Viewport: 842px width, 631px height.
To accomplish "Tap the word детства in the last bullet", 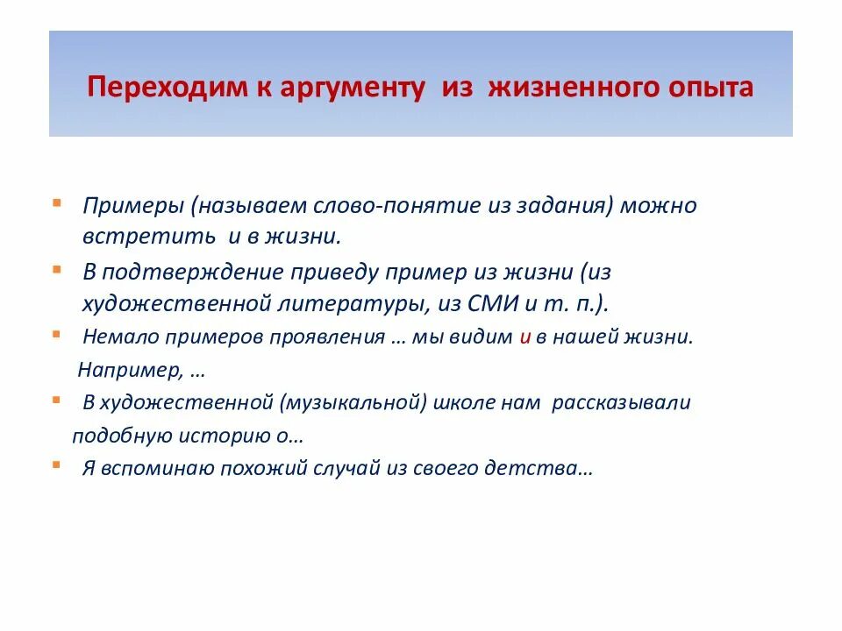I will click(545, 468).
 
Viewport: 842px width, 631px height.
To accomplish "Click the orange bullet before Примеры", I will click(56, 202).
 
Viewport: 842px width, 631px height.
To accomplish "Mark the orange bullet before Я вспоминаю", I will click(56, 464).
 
